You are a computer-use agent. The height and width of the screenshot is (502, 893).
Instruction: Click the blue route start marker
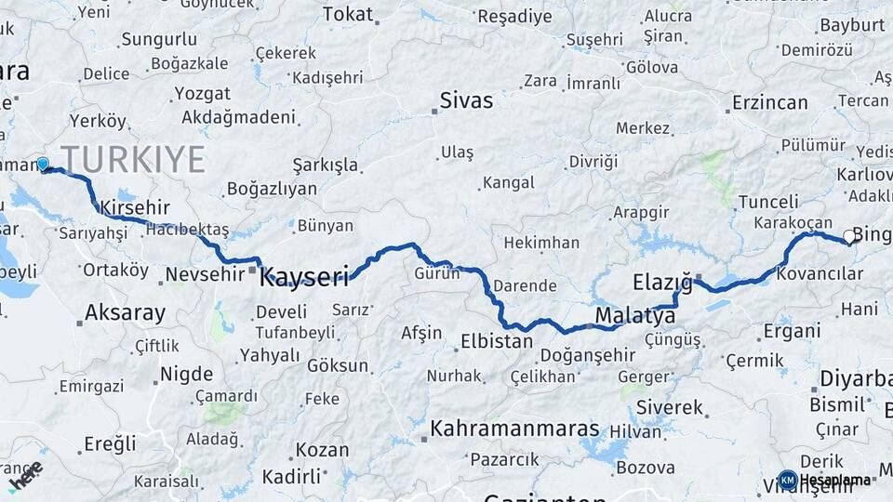pyautogui.click(x=43, y=165)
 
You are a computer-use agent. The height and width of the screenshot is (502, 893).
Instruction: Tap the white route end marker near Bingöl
pyautogui.click(x=849, y=238)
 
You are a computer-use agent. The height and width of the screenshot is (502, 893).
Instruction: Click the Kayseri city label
pyautogui.click(x=304, y=276)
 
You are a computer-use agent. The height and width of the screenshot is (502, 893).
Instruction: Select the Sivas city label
pyautogui.click(x=466, y=101)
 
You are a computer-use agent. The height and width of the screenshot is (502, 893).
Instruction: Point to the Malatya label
pyautogui.click(x=635, y=316)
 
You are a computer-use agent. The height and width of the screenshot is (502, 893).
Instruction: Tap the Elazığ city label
pyautogui.click(x=663, y=282)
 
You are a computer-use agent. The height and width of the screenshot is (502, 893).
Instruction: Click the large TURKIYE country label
pyautogui.click(x=133, y=160)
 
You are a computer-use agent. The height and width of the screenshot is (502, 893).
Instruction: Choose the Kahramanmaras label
pyautogui.click(x=515, y=429)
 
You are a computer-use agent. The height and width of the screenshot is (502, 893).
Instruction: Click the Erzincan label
pyautogui.click(x=769, y=102)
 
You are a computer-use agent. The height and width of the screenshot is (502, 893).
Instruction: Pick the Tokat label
pyautogui.click(x=347, y=14)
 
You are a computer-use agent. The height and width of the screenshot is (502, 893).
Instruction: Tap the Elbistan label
pyautogui.click(x=497, y=341)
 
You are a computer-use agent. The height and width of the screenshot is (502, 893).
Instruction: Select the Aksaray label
pyautogui.click(x=125, y=312)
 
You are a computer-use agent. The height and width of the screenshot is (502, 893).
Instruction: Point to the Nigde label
pyautogui.click(x=186, y=375)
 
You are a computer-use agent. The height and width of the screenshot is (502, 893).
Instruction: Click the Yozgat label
pyautogui.click(x=202, y=94)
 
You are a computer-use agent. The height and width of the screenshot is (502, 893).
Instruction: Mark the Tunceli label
pyautogui.click(x=768, y=202)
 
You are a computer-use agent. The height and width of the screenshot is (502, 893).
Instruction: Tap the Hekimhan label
pyautogui.click(x=541, y=244)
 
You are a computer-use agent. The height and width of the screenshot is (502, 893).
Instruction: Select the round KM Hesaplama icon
pyautogui.click(x=788, y=480)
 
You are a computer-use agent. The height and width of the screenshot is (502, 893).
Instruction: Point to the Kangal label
pyautogui.click(x=508, y=183)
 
